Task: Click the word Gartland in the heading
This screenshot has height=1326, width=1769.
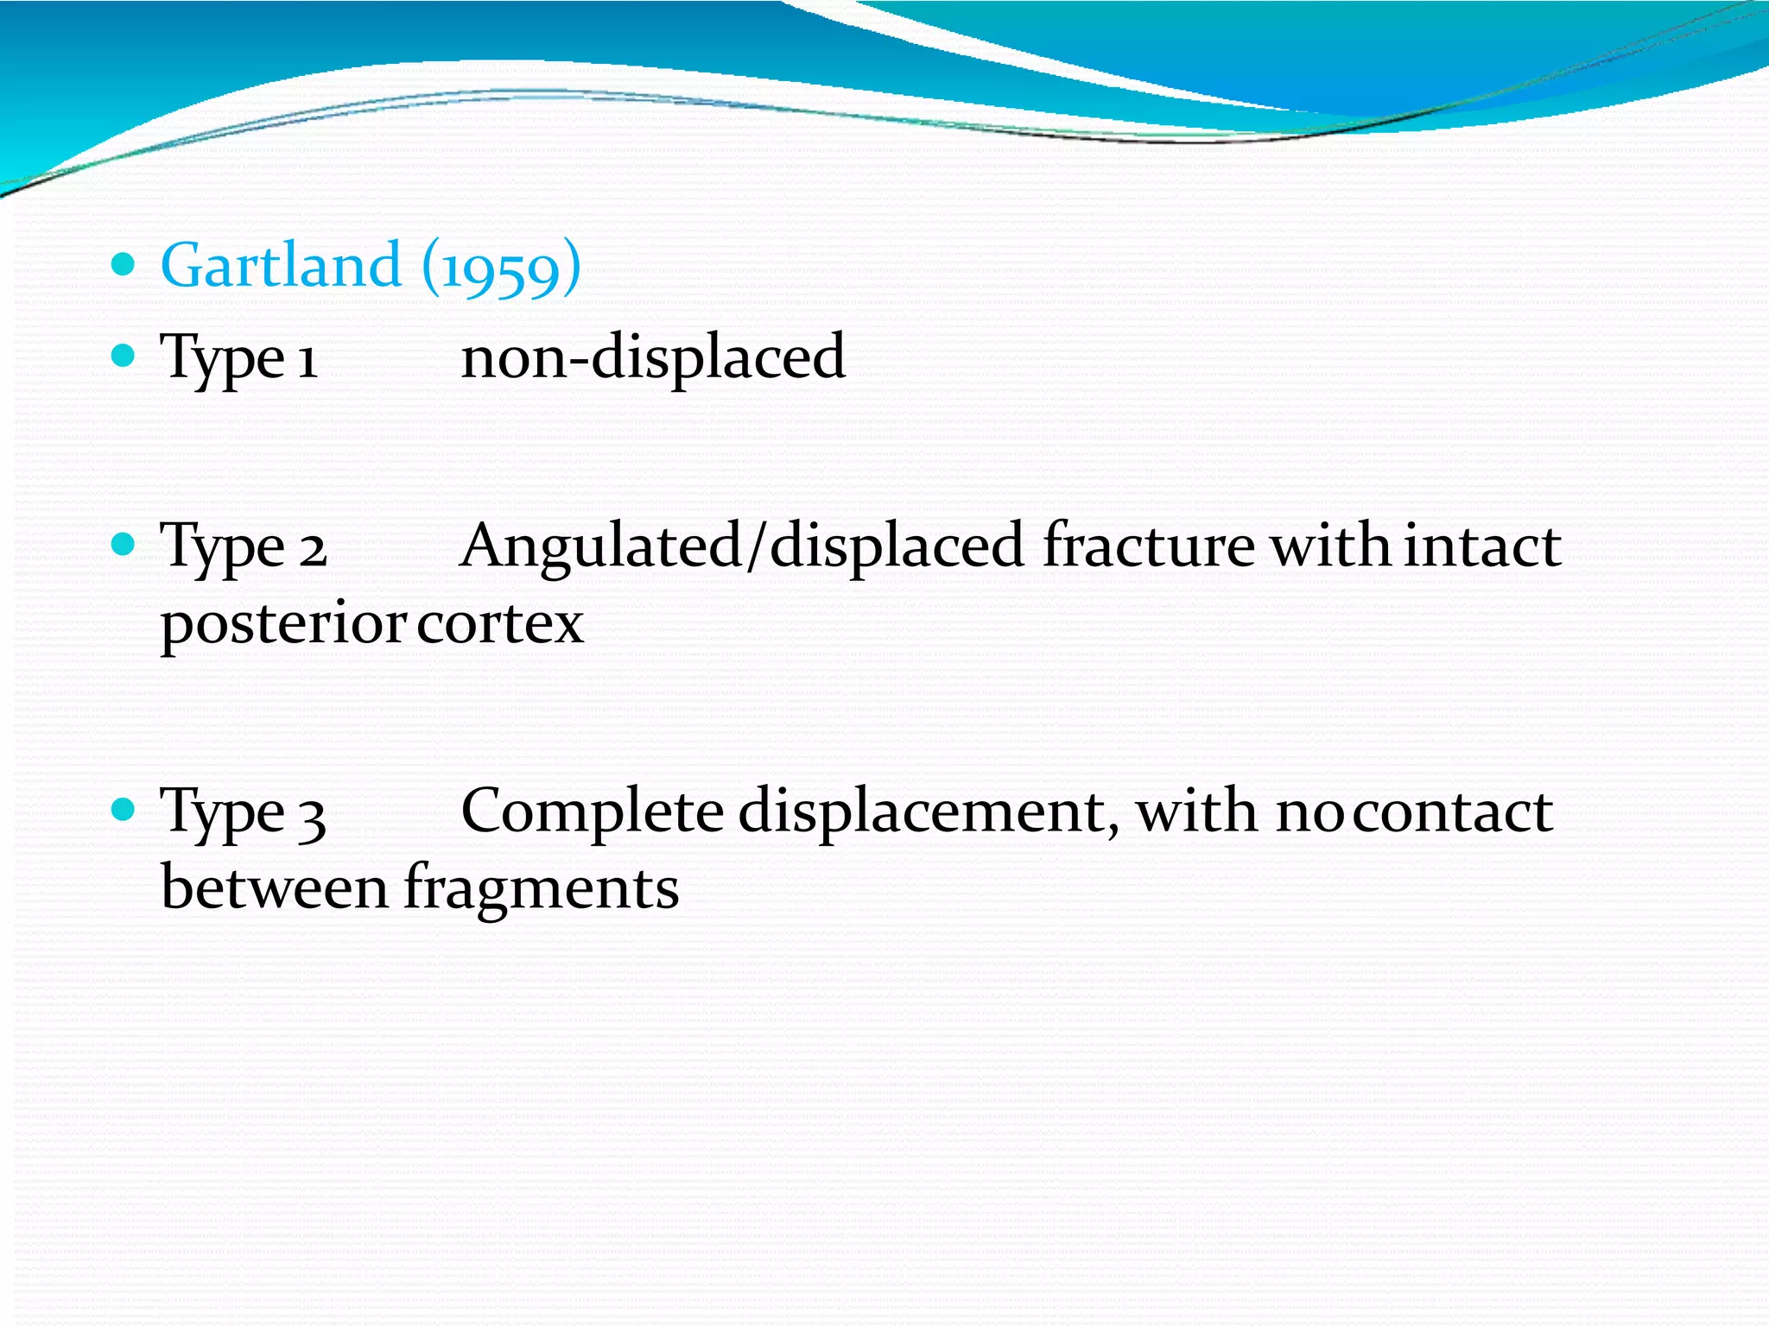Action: click(x=281, y=265)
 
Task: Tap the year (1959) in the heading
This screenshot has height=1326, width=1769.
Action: click(x=501, y=267)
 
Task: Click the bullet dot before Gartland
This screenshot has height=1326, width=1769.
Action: click(x=124, y=263)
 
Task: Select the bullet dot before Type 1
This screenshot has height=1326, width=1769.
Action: click(x=124, y=355)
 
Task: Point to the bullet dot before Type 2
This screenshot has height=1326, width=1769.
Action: click(x=124, y=544)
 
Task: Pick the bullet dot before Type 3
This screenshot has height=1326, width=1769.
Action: click(x=124, y=809)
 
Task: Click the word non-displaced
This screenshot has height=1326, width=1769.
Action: click(x=653, y=357)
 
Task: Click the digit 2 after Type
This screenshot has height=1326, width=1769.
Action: click(x=313, y=549)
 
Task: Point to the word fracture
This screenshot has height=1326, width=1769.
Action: click(x=1149, y=546)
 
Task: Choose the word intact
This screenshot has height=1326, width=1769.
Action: click(x=1482, y=546)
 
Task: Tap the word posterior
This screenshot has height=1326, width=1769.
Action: click(x=283, y=624)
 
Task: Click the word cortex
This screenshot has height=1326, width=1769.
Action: click(x=499, y=622)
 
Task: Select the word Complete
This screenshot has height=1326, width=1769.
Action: click(x=593, y=812)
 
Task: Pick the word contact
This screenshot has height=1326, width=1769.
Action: click(x=1453, y=812)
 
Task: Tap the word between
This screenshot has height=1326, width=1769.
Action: click(x=275, y=887)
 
